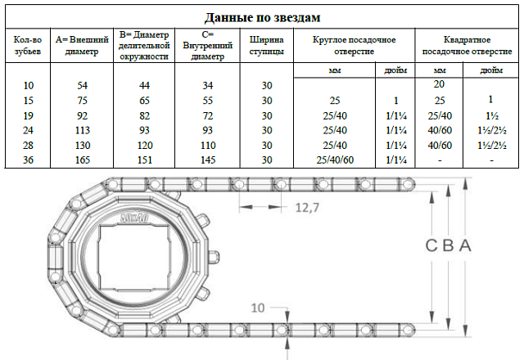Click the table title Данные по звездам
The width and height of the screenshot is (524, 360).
coord(261,16)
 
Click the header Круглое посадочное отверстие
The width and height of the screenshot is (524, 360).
coord(355,45)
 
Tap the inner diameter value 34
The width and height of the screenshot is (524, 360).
coord(206,86)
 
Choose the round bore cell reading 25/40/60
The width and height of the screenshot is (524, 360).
coord(335,160)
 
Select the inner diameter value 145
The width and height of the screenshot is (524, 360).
coord(206,160)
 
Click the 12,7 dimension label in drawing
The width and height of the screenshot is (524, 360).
coord(305,208)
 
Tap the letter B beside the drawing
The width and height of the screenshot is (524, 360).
coord(449,245)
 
